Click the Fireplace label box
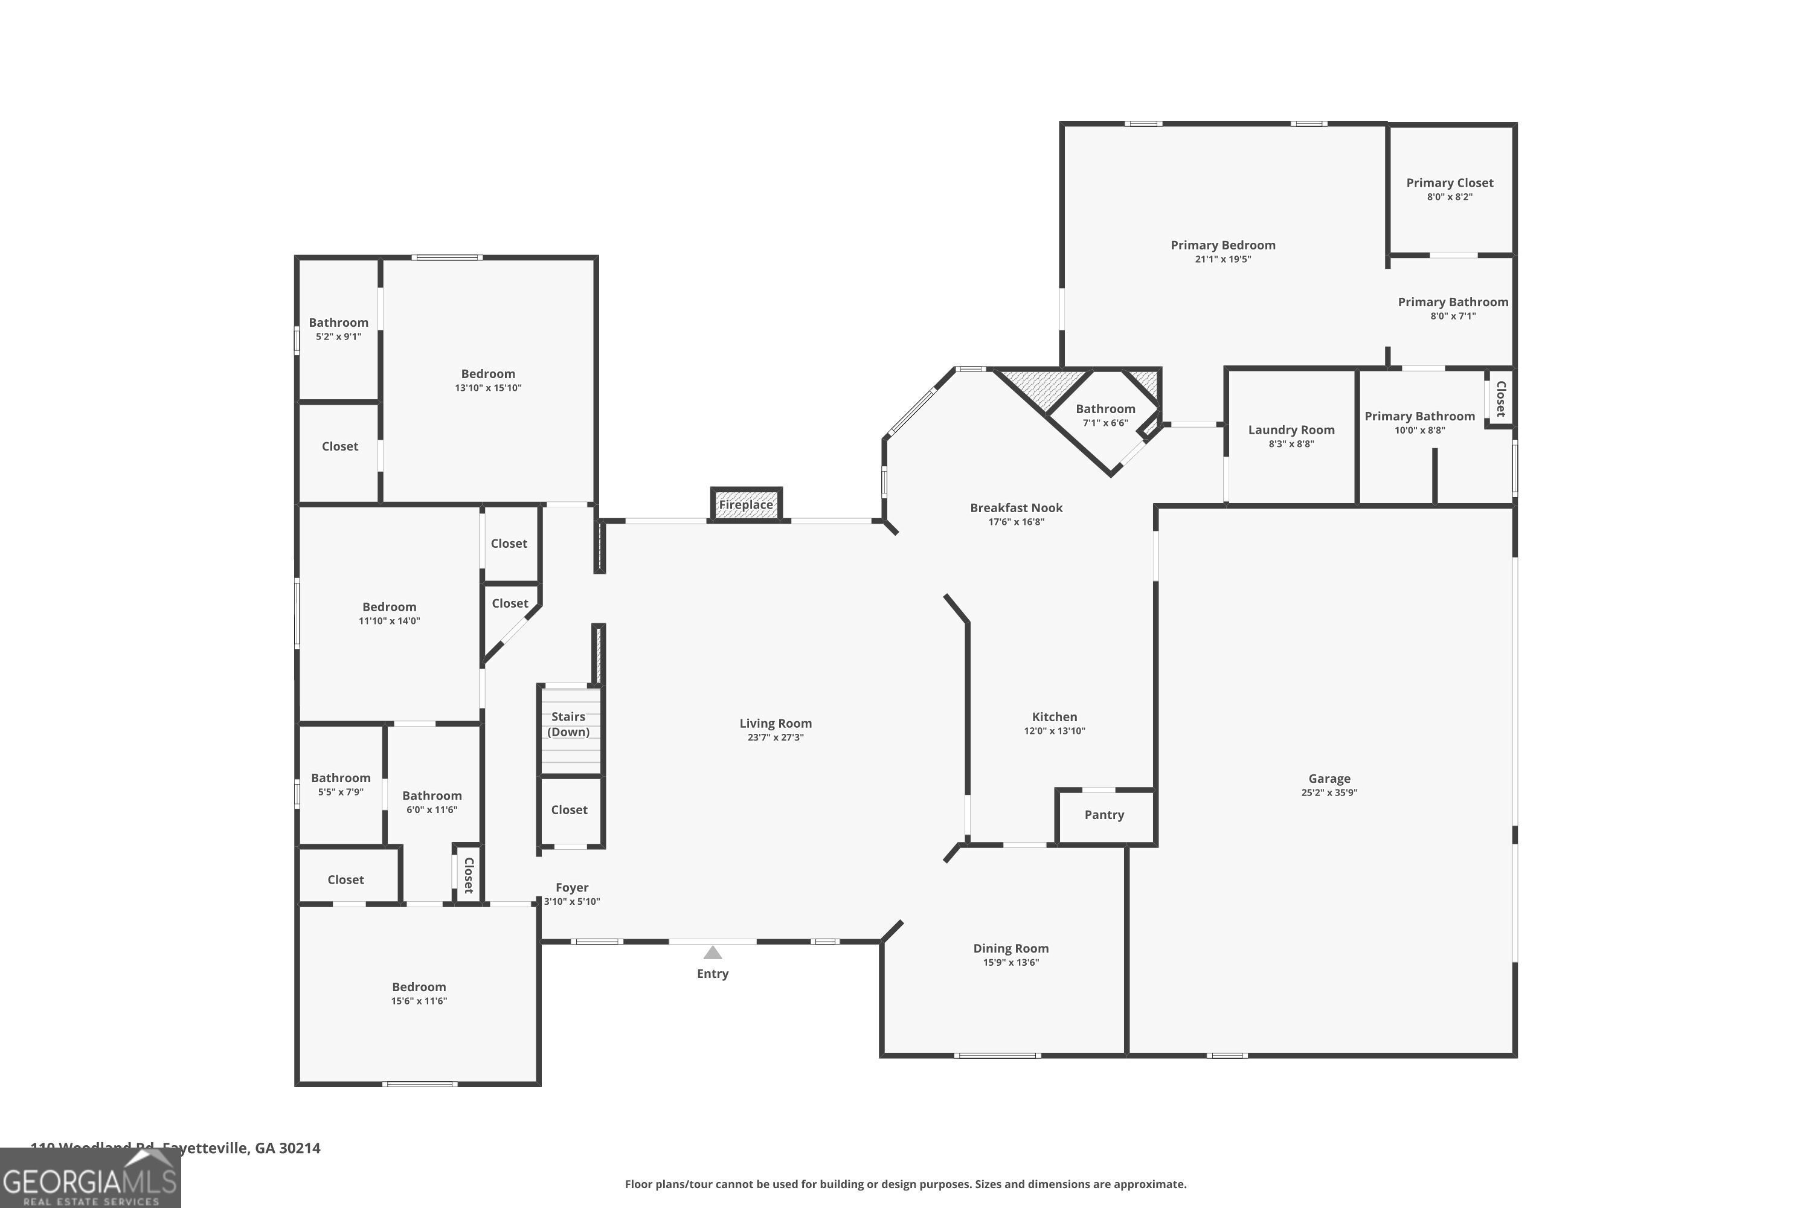coord(746,504)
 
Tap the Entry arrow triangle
coord(713,953)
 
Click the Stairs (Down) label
coord(568,724)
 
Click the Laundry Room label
coord(1291,430)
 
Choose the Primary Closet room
coord(1450,188)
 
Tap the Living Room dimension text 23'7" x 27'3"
coord(775,737)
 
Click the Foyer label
coord(571,887)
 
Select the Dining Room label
coord(1010,948)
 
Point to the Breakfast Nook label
coord(1016,508)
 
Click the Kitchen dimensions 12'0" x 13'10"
coord(1054,731)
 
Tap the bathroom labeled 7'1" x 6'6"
coord(1105,416)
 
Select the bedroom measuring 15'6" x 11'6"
coord(419,993)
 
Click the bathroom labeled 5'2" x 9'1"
coord(338,329)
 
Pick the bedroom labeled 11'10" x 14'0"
coord(389,613)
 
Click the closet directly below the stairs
coord(570,810)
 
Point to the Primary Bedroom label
coord(1222,245)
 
